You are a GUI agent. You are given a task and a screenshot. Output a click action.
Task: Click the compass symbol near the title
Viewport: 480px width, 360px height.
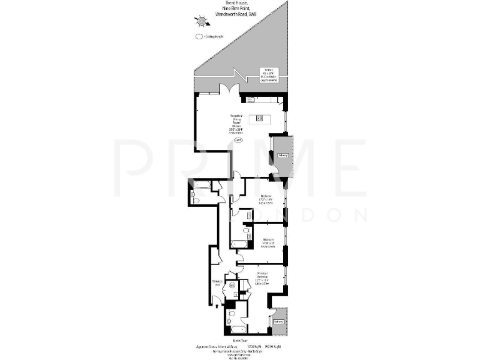point(201,22)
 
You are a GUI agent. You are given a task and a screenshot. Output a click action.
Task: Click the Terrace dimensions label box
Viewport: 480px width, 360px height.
point(269,74)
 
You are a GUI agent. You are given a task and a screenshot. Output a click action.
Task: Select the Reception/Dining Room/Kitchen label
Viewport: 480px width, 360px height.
point(237,124)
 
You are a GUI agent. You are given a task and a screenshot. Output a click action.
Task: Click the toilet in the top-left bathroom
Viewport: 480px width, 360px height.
point(194,198)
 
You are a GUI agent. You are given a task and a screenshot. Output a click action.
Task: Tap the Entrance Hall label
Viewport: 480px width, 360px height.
point(218,283)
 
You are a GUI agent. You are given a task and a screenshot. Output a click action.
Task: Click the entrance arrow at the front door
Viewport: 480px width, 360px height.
point(216,306)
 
